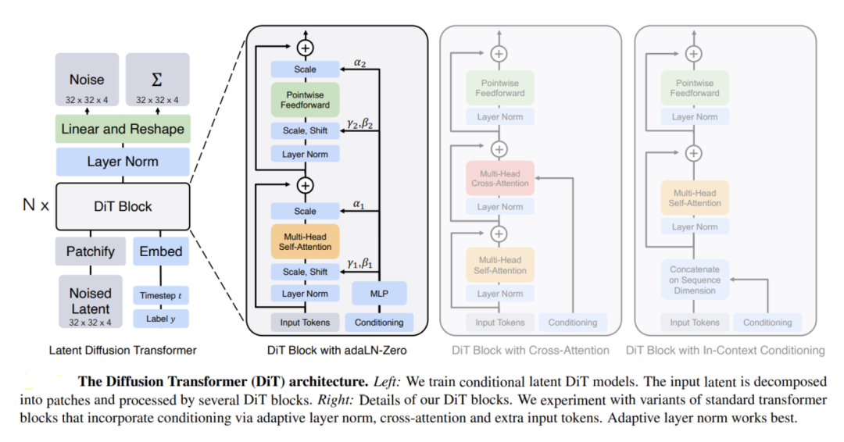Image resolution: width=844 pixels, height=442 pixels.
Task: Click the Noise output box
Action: coord(87,80)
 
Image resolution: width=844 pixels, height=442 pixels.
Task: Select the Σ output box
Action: coord(157,80)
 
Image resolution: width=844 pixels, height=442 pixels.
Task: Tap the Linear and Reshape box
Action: coord(123,129)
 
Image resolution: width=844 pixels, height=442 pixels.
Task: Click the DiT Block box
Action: coord(123,206)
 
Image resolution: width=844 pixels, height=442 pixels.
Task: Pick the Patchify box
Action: coord(91,251)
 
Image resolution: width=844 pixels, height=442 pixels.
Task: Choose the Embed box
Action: coord(161,251)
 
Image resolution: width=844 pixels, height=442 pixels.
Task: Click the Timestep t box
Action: coord(161,296)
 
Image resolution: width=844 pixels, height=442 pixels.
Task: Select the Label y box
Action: coord(161,319)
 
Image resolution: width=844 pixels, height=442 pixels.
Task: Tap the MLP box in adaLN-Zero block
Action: coord(379,294)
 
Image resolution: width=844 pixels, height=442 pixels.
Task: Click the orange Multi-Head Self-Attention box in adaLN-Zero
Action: coord(305,241)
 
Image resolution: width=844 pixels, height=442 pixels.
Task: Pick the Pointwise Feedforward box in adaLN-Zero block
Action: coord(305,99)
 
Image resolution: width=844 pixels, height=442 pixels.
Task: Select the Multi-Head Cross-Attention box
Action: coord(499,178)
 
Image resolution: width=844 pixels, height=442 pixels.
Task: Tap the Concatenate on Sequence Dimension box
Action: coord(695,280)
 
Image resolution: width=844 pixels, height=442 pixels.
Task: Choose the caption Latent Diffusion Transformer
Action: coord(123,350)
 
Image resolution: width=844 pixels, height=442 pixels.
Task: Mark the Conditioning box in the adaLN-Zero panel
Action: coord(379,322)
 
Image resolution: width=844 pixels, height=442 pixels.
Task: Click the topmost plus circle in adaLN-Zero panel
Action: coord(305,48)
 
